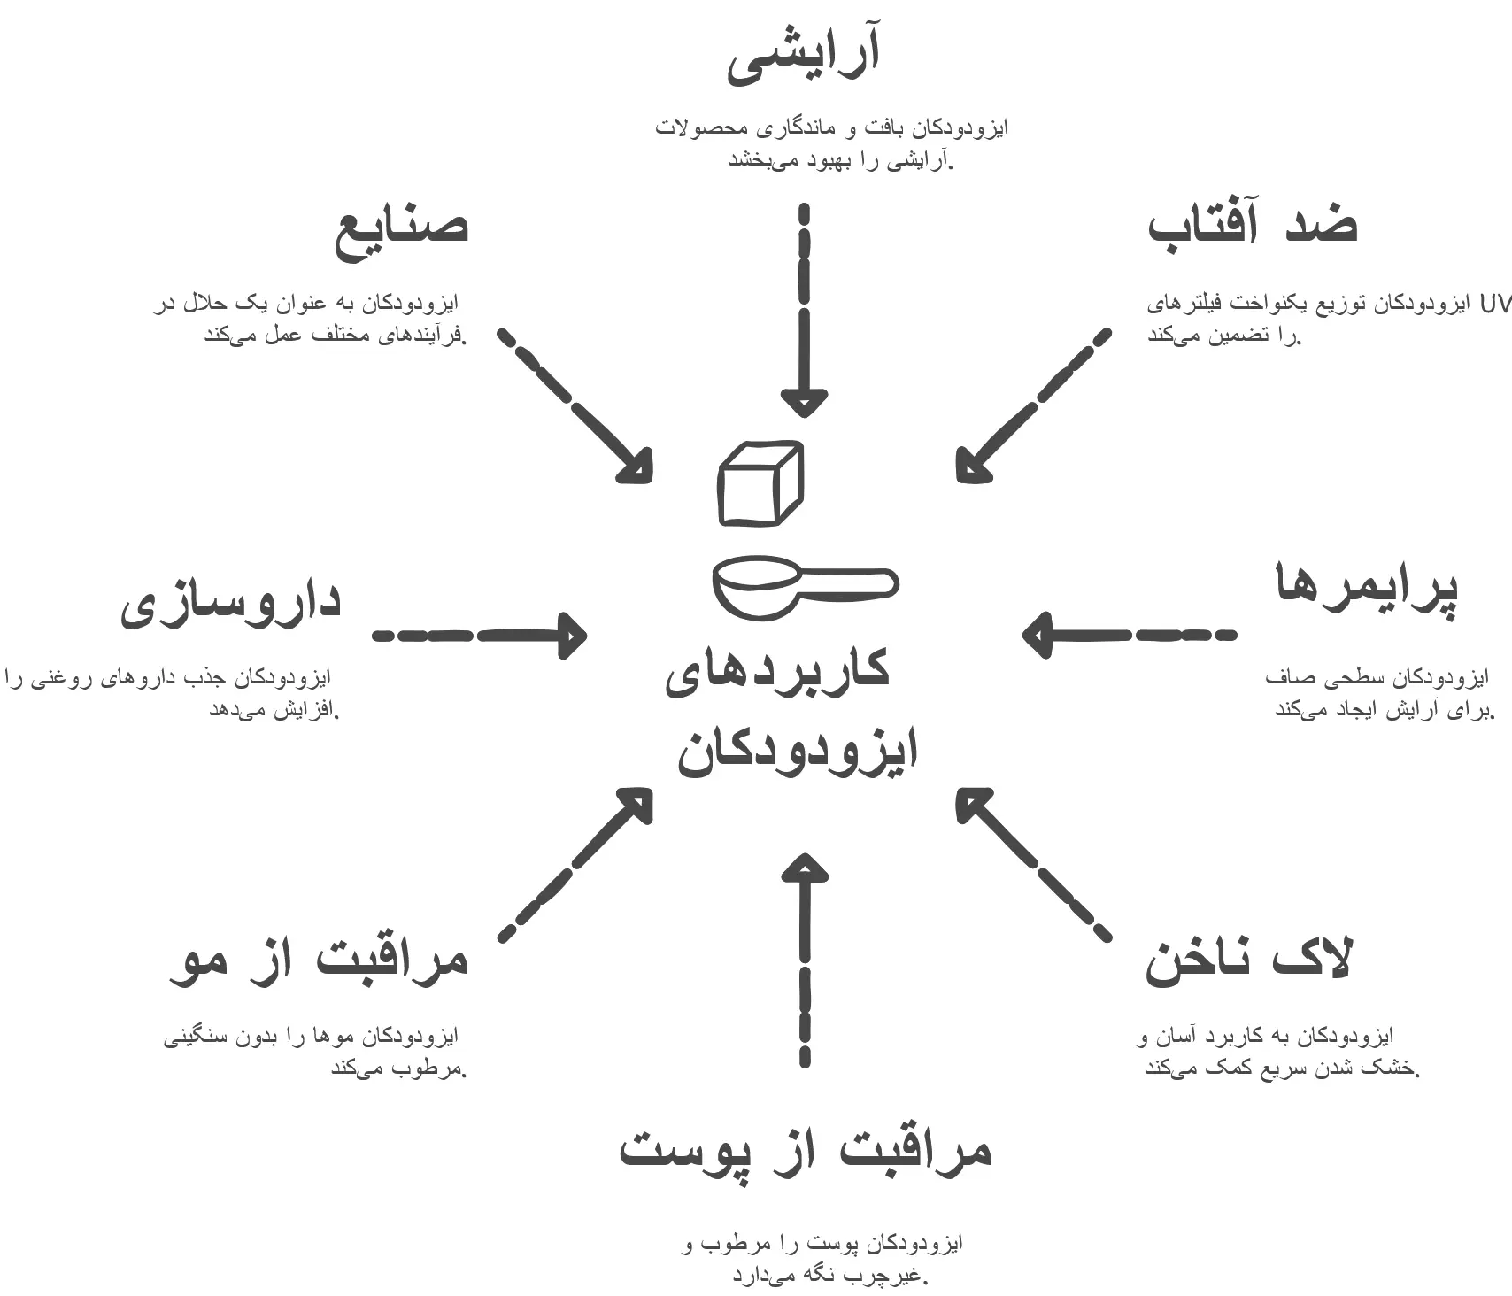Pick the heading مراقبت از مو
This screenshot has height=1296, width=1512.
(319, 960)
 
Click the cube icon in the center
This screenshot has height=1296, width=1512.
(760, 483)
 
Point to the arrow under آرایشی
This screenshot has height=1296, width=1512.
(804, 310)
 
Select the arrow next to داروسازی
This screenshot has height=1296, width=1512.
(479, 636)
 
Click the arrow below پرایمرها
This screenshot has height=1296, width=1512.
(1129, 635)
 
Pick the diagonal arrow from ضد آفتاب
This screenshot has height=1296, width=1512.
(1032, 406)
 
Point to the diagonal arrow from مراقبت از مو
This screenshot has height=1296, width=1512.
(576, 863)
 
